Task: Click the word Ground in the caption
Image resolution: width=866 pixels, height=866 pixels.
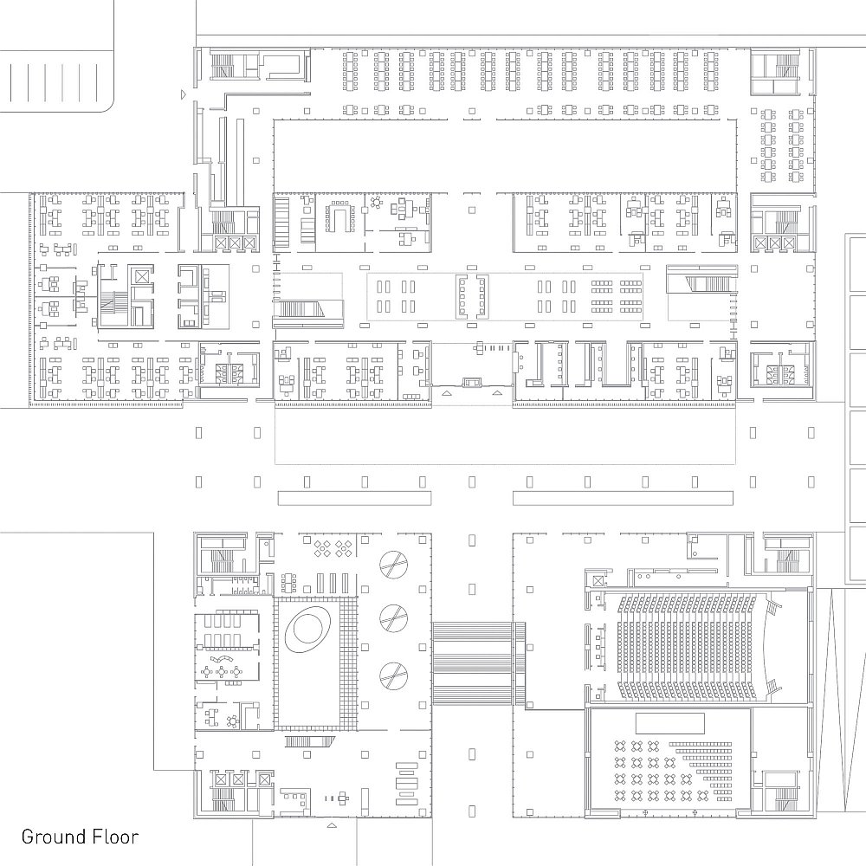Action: coord(53,837)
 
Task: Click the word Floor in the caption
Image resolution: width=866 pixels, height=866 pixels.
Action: coord(115,837)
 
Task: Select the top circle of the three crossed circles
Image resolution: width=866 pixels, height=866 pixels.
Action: coord(394,564)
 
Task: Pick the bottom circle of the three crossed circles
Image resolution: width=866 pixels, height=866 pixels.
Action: coord(394,676)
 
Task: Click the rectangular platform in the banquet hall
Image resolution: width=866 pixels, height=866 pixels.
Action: coord(670,723)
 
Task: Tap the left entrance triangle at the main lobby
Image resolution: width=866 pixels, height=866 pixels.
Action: coord(446,393)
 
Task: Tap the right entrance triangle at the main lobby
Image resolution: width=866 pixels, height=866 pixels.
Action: coord(498,393)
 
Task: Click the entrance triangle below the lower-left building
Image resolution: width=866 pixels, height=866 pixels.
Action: coord(332,825)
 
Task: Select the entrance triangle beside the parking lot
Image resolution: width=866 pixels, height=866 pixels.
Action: coord(184,95)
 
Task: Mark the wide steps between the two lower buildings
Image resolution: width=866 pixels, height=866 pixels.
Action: coord(478,663)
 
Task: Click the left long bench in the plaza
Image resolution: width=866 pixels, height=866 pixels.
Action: coord(354,498)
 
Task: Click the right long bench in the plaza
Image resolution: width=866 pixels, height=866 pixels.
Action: coord(623,498)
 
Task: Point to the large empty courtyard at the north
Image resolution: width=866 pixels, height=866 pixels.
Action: coord(505,156)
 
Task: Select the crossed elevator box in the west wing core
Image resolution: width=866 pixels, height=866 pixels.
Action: coord(141,275)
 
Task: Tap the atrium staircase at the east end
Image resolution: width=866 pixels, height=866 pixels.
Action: coord(701,281)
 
